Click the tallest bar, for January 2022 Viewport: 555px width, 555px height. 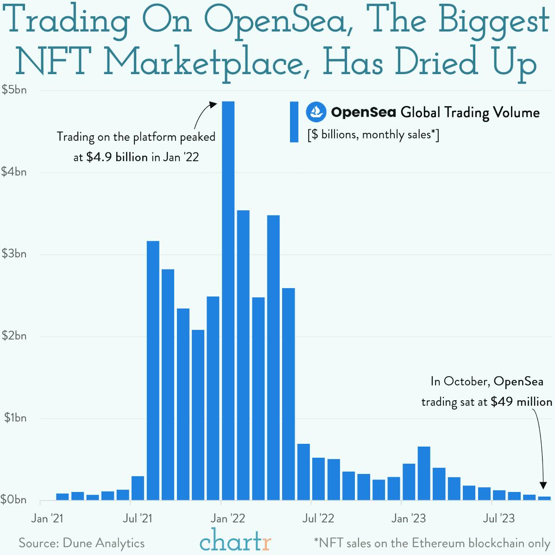point(228,301)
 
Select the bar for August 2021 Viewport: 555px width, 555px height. point(153,371)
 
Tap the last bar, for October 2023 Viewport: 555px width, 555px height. point(544,498)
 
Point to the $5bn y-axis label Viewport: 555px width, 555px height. point(14,90)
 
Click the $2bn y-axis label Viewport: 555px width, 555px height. point(14,336)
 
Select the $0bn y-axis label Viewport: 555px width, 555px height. point(14,500)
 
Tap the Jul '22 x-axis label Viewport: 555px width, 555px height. point(318,518)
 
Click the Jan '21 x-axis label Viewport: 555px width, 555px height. point(47,518)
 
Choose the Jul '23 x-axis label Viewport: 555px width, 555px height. point(498,518)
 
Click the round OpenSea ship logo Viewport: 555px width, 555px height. point(316,112)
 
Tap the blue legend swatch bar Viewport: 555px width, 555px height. point(294,122)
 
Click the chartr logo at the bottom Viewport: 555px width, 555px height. point(235,541)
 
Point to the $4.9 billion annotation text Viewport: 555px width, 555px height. point(117,157)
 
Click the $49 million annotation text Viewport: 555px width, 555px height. point(521,402)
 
